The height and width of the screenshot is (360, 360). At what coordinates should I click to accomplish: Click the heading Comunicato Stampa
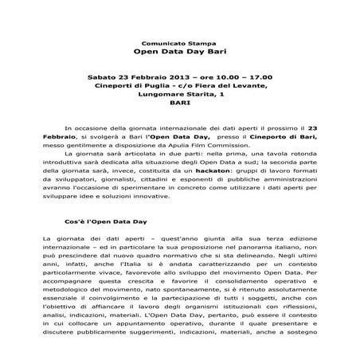click(x=178, y=38)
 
